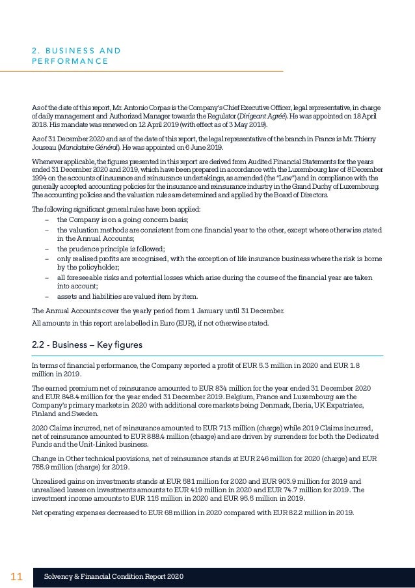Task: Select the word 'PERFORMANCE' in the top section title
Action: (70, 61)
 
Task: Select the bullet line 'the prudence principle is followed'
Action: (111, 249)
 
